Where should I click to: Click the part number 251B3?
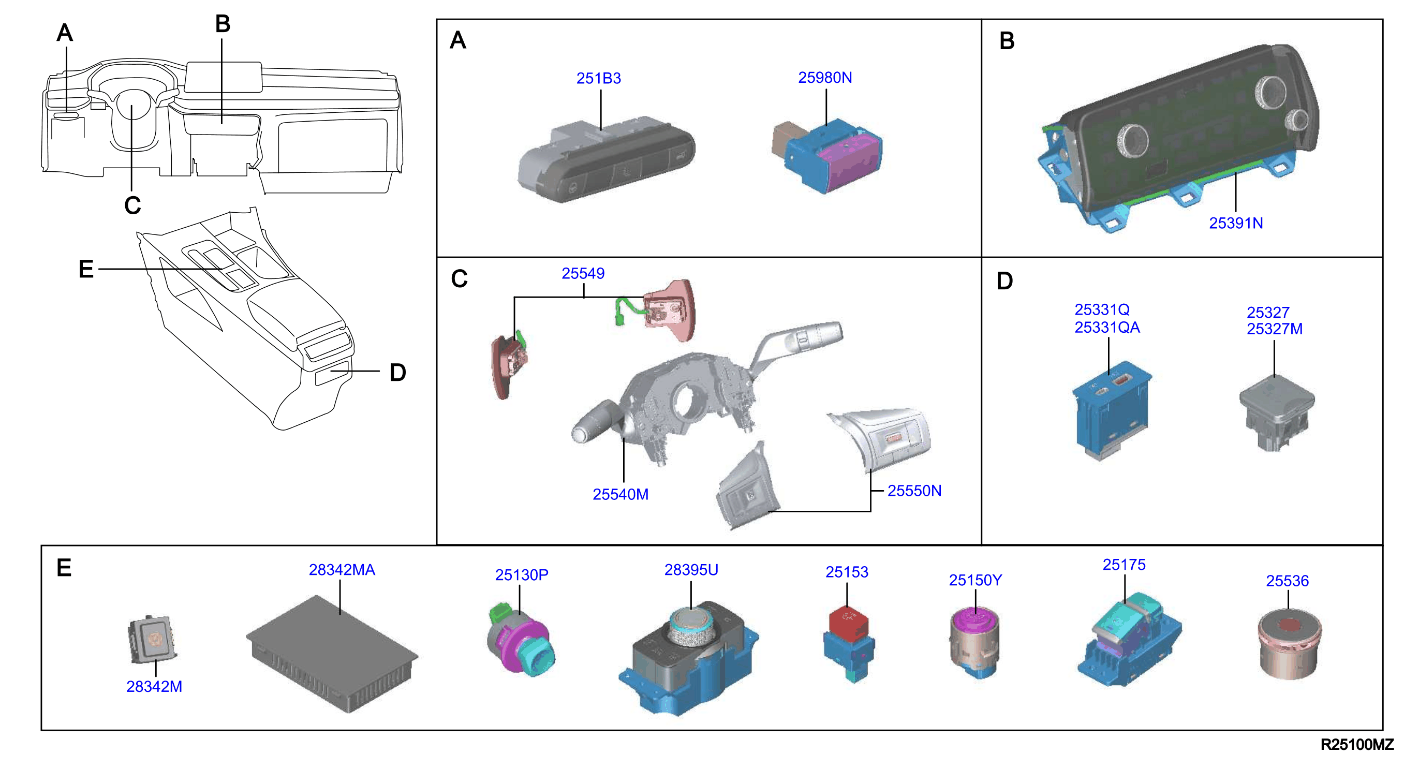598,78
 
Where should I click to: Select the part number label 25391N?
1236,223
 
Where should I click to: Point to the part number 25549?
583,273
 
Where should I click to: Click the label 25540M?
620,494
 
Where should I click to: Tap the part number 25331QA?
1107,327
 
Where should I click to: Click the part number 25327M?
1275,329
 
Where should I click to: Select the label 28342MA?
342,570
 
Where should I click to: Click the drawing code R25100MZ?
1357,744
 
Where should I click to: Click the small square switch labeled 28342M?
153,639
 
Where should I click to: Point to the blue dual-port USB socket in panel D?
1112,410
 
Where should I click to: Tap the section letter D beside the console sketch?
398,373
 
